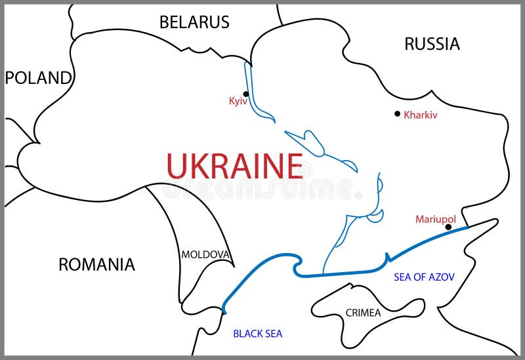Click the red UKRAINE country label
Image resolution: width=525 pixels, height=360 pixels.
234,166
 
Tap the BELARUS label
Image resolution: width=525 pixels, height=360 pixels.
194,22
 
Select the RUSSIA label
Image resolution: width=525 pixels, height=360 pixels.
432,44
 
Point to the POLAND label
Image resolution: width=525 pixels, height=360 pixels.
38,78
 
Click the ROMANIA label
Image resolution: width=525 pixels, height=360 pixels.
96,264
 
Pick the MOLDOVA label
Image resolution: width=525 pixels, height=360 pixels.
205,254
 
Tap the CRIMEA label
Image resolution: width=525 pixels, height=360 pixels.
363,313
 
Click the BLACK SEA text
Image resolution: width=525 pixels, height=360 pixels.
257,334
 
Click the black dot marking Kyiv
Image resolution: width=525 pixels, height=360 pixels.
246,94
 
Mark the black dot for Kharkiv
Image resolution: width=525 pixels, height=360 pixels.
397,113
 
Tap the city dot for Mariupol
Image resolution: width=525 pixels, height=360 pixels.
448,228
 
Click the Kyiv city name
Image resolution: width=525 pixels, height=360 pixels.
238,101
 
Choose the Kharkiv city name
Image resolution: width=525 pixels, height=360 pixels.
421,115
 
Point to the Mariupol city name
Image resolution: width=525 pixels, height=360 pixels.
435,219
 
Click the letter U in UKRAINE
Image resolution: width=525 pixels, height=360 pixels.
177,166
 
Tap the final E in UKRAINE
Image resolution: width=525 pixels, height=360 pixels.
293,166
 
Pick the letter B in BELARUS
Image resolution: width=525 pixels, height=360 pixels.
165,22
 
